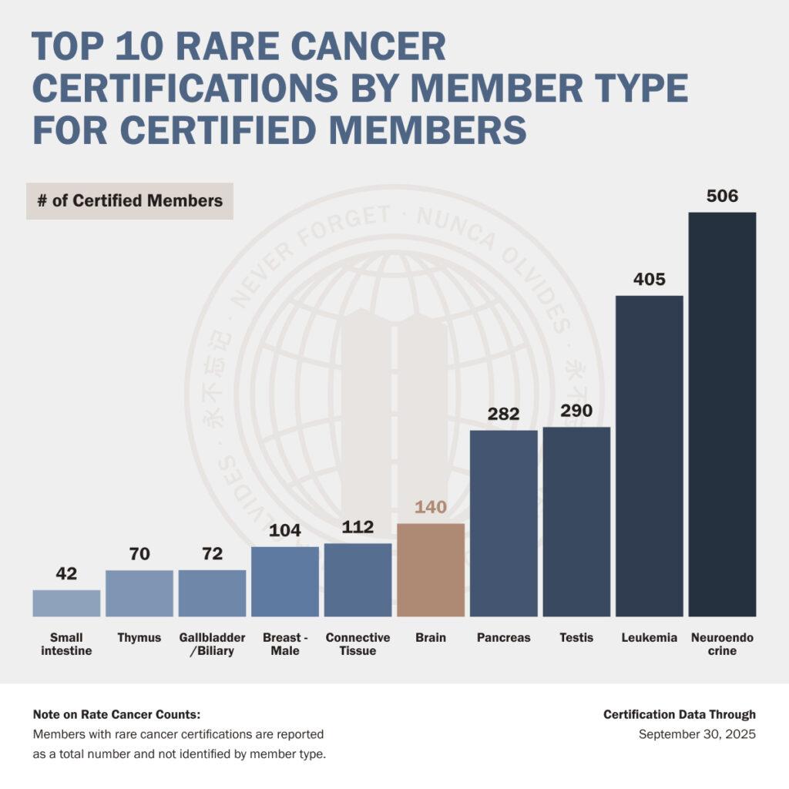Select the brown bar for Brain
pos(431,569)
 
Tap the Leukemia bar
pos(650,455)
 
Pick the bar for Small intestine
pos(66,603)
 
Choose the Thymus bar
pos(139,593)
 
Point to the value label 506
pos(722,196)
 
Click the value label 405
pos(650,279)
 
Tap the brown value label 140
pos(431,507)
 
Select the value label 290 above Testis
pos(576,411)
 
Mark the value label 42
pos(66,573)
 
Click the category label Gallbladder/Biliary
pos(212,644)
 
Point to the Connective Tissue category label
pos(358,644)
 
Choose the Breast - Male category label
pos(285,644)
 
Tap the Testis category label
pos(576,638)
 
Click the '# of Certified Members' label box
pos(129,201)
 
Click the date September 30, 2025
pos(697,734)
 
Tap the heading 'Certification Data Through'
pos(680,714)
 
